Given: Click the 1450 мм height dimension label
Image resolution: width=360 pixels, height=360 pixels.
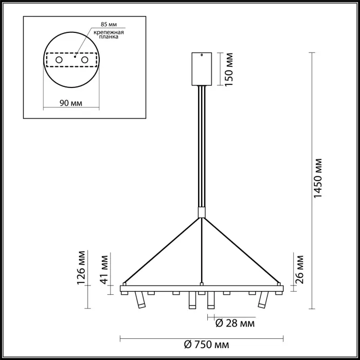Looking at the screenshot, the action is (318, 178).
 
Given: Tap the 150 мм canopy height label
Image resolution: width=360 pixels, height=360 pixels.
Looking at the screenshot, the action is (229, 69).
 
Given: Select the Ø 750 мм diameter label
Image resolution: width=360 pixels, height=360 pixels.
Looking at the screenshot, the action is (207, 345).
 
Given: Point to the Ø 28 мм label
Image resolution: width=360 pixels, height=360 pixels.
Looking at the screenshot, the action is (235, 323).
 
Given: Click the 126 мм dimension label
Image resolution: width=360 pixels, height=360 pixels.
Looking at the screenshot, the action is (81, 268).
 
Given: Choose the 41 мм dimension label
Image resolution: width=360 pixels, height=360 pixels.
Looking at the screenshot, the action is (104, 269).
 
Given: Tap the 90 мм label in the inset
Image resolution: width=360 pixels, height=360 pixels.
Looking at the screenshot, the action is (71, 103).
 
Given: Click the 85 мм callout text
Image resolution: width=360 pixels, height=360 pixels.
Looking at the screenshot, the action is (109, 24).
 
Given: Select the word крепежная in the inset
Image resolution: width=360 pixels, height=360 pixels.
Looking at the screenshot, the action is (109, 32).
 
